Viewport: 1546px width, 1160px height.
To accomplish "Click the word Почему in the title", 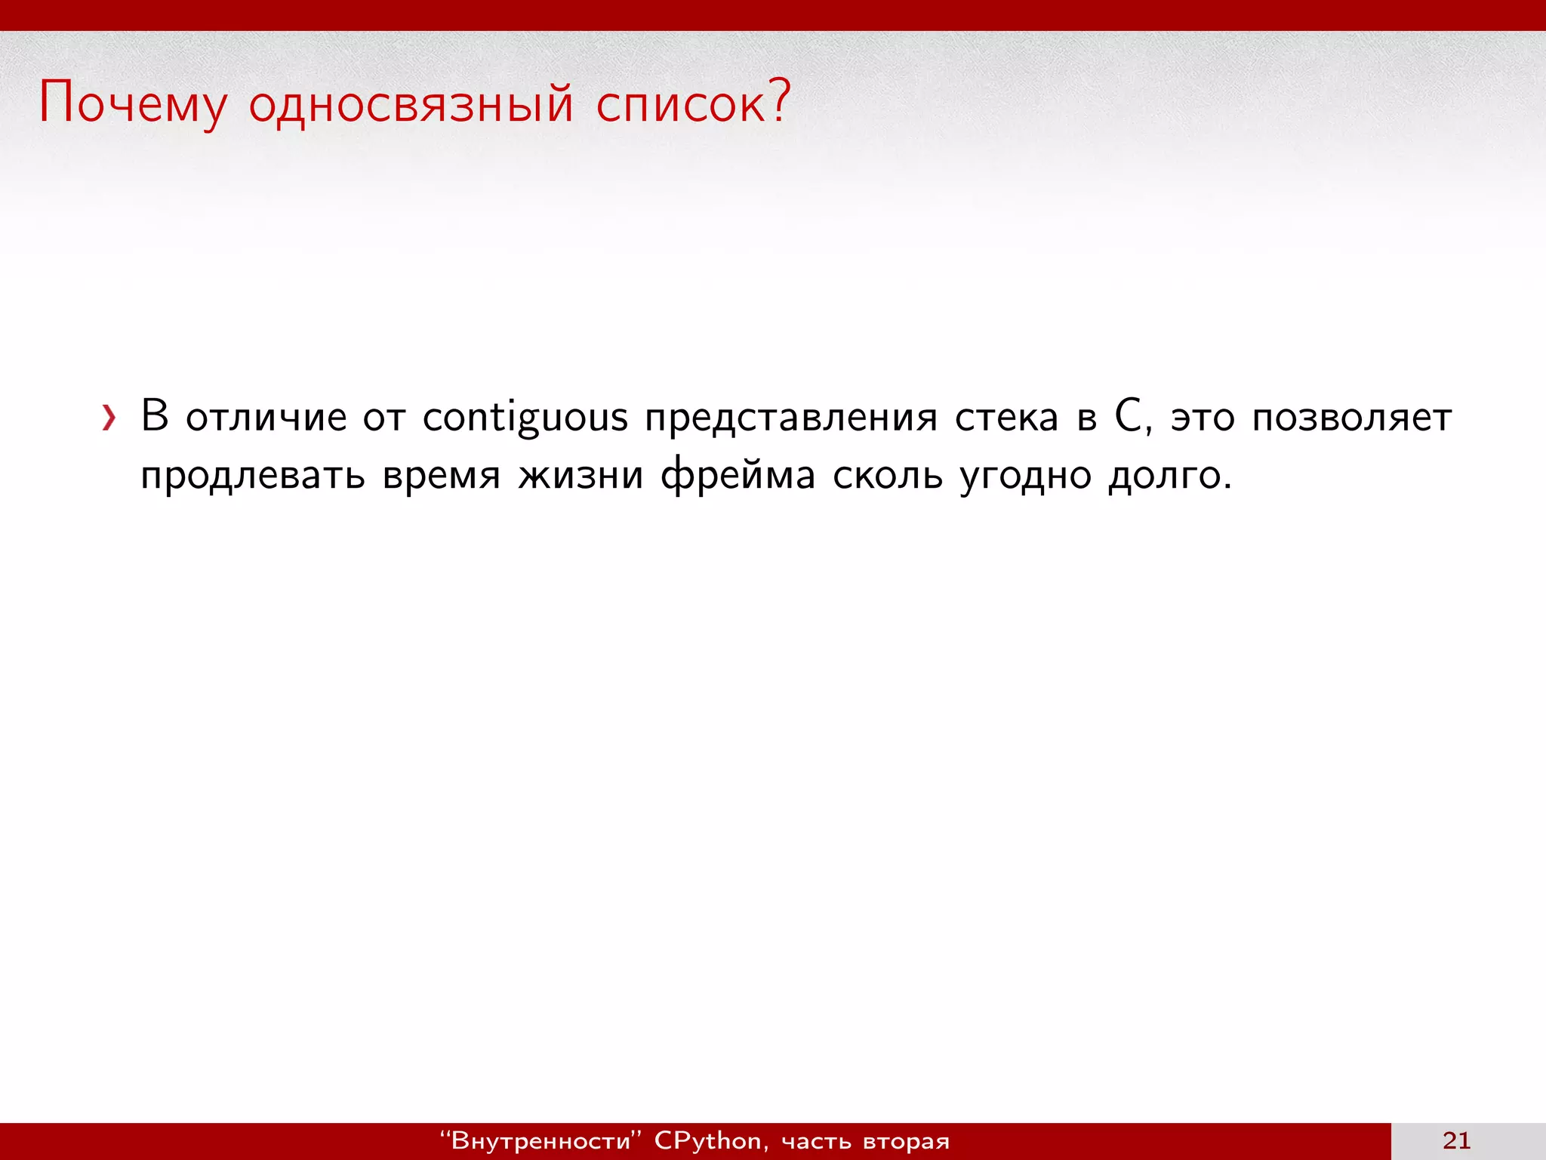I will point(132,103).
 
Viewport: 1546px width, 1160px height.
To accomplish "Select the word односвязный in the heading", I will point(411,103).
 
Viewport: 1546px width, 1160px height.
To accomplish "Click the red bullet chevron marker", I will point(109,418).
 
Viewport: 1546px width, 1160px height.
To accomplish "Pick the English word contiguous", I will point(525,418).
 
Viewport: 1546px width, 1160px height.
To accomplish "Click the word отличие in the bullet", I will point(266,418).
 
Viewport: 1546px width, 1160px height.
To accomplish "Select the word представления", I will point(790,418).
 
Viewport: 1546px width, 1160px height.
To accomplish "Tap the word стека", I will point(1006,418).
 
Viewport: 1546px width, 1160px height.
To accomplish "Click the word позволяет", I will point(1351,418).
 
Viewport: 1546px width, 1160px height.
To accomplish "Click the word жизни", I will point(581,476).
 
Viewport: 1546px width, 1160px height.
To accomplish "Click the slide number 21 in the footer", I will point(1456,1140).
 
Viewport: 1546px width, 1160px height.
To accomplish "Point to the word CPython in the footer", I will point(707,1140).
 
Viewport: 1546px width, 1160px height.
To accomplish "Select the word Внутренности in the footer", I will point(540,1140).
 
